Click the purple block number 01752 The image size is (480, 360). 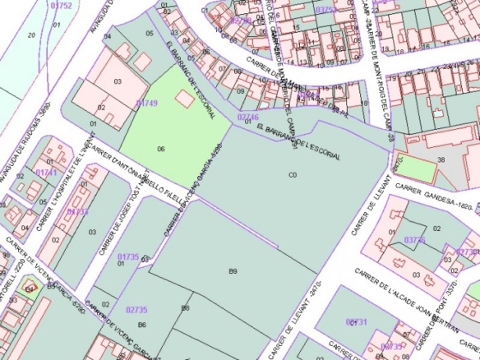(61, 6)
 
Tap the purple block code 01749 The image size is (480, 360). (146, 103)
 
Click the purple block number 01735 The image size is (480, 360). (128, 256)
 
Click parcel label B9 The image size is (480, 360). (233, 271)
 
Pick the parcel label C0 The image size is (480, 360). (292, 175)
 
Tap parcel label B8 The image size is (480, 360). (186, 307)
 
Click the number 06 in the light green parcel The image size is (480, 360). (161, 149)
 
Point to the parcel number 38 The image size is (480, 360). (441, 159)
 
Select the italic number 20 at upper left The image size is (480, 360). (31, 35)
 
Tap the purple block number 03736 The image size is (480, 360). (415, 240)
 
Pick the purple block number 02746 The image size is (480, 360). (248, 118)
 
